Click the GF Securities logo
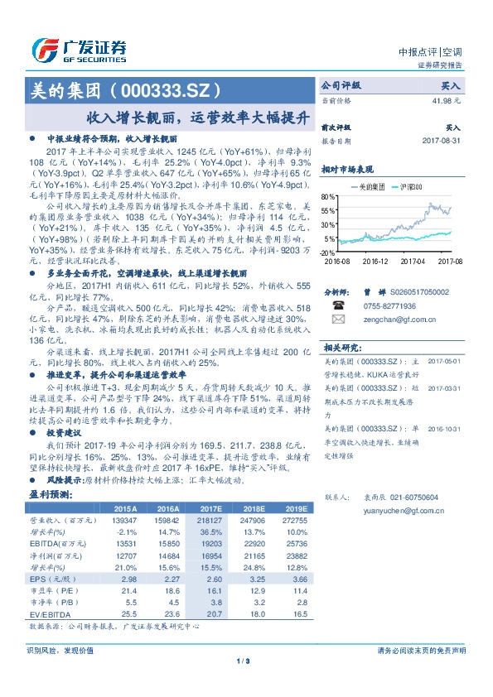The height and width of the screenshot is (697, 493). click(x=78, y=49)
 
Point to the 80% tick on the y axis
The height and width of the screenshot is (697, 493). click(x=329, y=196)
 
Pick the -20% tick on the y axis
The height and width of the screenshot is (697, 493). click(x=328, y=252)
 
